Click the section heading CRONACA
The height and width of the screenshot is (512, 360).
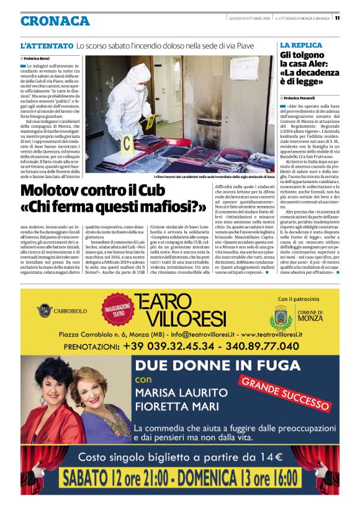pyautogui.click(x=55, y=20)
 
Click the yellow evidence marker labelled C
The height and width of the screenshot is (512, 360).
pyautogui.click(x=127, y=145)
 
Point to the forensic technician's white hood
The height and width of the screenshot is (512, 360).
pyautogui.click(x=138, y=74)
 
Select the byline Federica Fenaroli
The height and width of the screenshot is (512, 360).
pyautogui.click(x=300, y=98)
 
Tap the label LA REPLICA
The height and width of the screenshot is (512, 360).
pyautogui.click(x=301, y=45)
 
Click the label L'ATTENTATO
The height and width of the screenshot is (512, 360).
pyautogui.click(x=47, y=46)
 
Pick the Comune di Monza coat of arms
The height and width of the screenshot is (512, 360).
pyautogui.click(x=281, y=318)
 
